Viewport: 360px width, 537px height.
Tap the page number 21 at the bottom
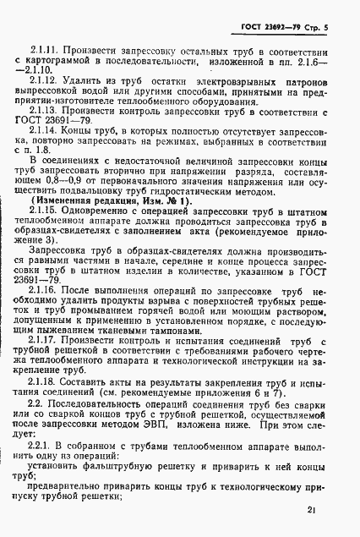[x=313, y=510]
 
